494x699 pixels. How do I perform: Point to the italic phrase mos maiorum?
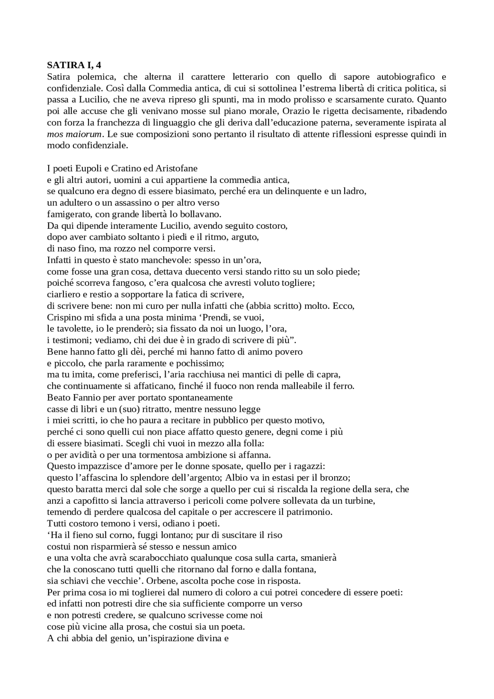tap(74, 134)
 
